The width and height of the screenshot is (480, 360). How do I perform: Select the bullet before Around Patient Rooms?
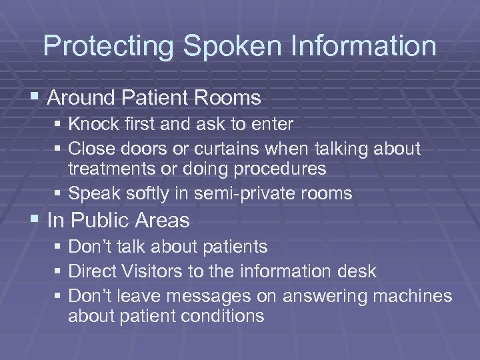pos(36,99)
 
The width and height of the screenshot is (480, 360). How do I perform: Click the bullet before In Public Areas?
pos(36,220)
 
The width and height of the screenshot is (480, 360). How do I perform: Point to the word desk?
pos(357,271)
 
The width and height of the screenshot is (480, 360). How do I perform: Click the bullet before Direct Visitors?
pos(60,272)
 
